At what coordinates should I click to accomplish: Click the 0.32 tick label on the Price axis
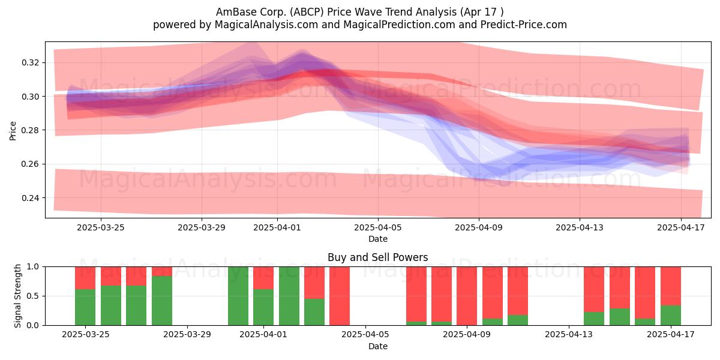(30, 62)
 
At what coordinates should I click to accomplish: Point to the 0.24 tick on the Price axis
(30, 198)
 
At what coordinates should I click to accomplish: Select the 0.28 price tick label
(30, 130)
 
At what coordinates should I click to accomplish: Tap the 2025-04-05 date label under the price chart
(378, 227)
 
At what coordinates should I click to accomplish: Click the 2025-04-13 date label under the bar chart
(569, 335)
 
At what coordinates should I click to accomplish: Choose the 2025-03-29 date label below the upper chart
(202, 227)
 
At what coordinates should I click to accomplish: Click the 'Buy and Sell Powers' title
(377, 257)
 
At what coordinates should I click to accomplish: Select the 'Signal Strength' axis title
(17, 296)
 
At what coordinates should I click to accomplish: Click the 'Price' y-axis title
(13, 131)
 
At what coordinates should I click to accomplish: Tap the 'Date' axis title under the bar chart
(378, 347)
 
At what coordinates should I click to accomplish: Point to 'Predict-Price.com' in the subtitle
(524, 25)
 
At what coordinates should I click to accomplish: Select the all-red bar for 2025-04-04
(340, 296)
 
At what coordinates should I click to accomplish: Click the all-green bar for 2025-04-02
(289, 296)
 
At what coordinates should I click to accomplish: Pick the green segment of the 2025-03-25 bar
(85, 307)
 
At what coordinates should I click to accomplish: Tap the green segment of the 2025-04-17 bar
(671, 316)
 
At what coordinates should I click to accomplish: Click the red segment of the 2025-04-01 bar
(263, 278)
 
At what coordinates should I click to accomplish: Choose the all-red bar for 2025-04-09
(467, 296)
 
